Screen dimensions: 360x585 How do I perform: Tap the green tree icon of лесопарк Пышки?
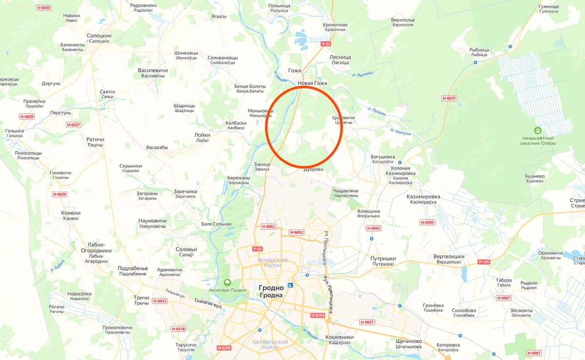click(x=227, y=282)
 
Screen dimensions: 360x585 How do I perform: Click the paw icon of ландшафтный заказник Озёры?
click(x=537, y=131)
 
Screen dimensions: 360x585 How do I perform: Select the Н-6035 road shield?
click(x=43, y=8)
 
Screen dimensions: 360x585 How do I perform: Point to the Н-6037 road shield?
click(x=449, y=98)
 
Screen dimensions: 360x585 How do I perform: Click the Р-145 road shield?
click(x=484, y=262)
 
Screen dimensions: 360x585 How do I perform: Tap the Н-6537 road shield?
click(x=73, y=125)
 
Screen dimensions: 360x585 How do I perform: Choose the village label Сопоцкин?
click(x=99, y=36)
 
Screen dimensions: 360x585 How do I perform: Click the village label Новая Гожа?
click(x=312, y=83)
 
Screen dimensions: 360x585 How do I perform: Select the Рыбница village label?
click(x=479, y=50)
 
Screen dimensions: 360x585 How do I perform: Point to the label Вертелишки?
click(x=448, y=257)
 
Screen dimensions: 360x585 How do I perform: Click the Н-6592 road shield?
click(x=373, y=228)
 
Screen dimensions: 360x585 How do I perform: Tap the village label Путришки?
click(x=383, y=259)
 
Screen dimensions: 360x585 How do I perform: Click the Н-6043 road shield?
click(x=159, y=301)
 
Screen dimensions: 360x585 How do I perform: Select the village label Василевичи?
click(x=153, y=71)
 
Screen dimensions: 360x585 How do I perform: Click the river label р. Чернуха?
click(x=401, y=132)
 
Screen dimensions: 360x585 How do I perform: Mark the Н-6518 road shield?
click(x=178, y=329)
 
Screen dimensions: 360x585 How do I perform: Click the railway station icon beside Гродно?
click(x=291, y=285)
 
